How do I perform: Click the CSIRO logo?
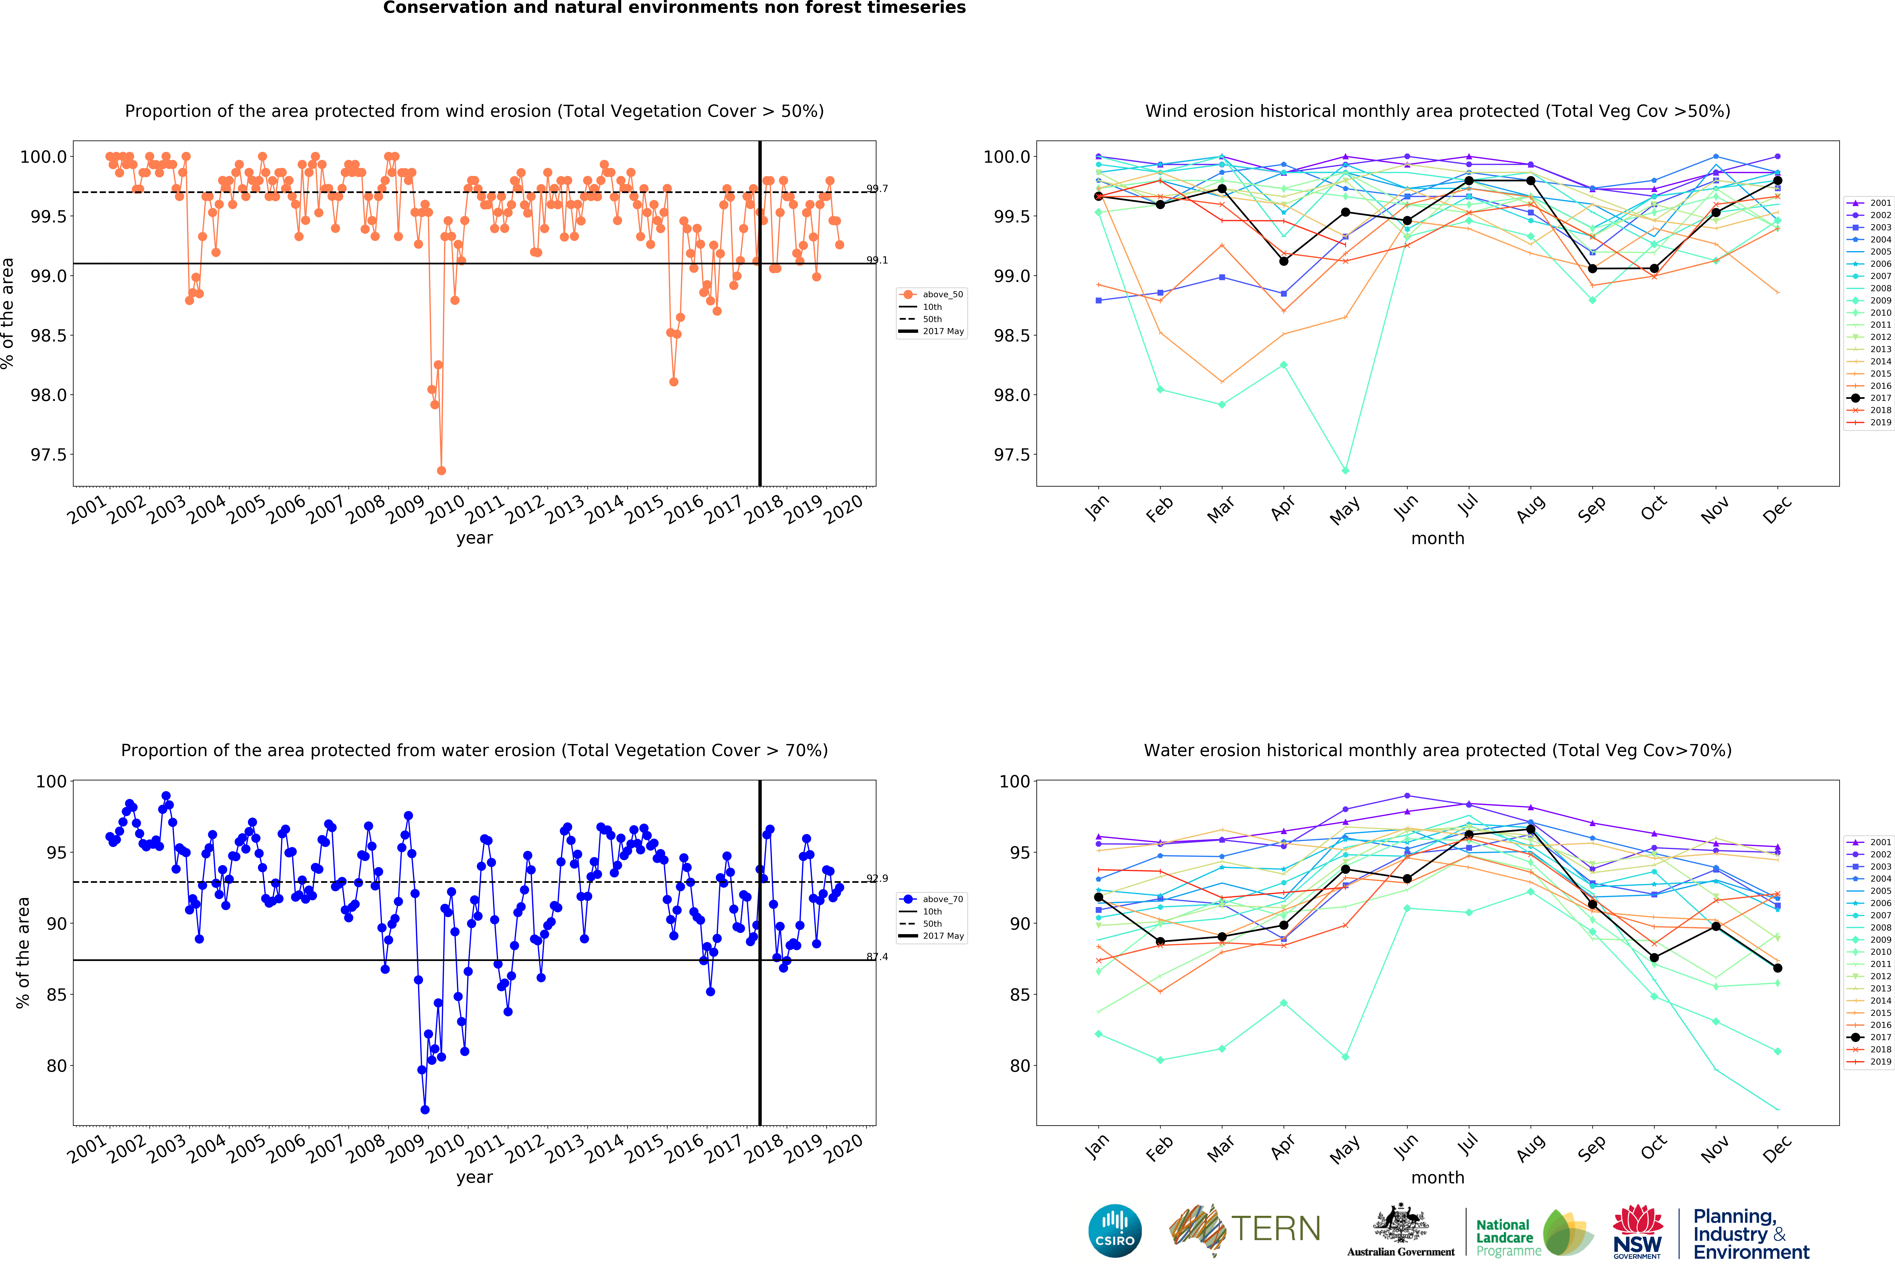1115,1230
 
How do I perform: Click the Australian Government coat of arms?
1400,1223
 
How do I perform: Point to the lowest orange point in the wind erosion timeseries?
441,470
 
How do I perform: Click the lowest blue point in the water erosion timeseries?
425,1110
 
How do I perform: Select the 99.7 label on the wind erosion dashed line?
877,188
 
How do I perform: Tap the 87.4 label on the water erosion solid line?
877,956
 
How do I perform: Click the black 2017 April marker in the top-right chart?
1283,261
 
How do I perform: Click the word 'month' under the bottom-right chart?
1438,1177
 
